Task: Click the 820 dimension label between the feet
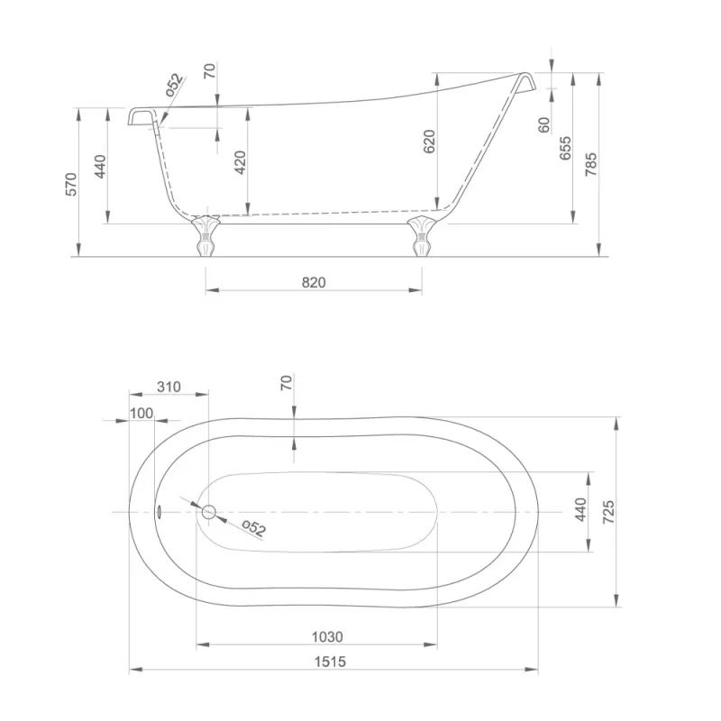tap(314, 282)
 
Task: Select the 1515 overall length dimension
tap(330, 662)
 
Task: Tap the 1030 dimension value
tap(327, 637)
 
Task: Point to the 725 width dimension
tap(607, 512)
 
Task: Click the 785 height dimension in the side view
tap(591, 164)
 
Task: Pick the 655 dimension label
tap(565, 148)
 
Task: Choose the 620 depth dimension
tap(429, 141)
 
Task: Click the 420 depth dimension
tap(240, 162)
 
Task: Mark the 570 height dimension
tap(71, 184)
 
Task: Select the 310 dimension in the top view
tap(169, 387)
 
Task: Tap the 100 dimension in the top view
tap(141, 414)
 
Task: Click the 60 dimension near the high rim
tap(544, 124)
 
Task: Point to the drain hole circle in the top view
tap(209, 512)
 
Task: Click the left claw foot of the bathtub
tap(205, 235)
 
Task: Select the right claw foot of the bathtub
tap(422, 235)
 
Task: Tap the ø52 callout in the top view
tap(254, 528)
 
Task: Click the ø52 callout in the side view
tap(175, 85)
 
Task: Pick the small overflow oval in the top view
tap(159, 511)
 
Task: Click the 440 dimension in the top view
tap(580, 509)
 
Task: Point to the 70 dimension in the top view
tap(286, 382)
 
